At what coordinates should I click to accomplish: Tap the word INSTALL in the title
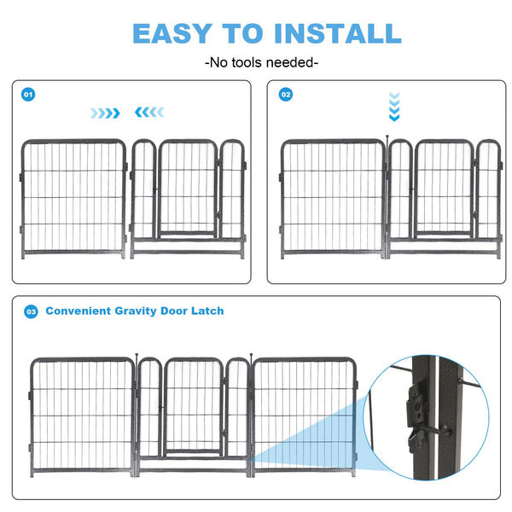point(337,33)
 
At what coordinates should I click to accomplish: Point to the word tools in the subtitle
point(247,62)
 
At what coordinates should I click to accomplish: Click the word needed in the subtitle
point(290,62)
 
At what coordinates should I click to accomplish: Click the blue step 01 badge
point(28,95)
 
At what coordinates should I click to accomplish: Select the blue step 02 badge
point(286,95)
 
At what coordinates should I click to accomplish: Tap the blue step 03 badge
point(31,311)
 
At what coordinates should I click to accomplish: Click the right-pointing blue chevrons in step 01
point(106,113)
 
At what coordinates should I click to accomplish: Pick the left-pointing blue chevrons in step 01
point(149,113)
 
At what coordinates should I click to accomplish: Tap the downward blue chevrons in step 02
point(393,106)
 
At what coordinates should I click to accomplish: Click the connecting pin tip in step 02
point(388,136)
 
